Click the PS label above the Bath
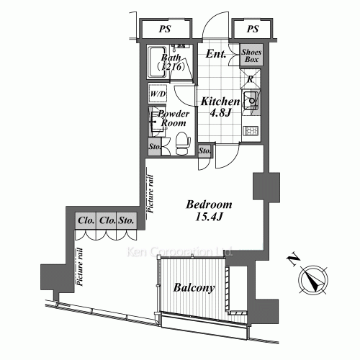point(165,30)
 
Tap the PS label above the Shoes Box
point(252,30)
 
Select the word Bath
point(171,58)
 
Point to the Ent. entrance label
point(217,54)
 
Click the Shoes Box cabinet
point(251,56)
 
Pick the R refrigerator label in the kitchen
point(250,80)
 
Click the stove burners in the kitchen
point(251,130)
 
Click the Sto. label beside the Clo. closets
point(128,221)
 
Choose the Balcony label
point(194,288)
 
